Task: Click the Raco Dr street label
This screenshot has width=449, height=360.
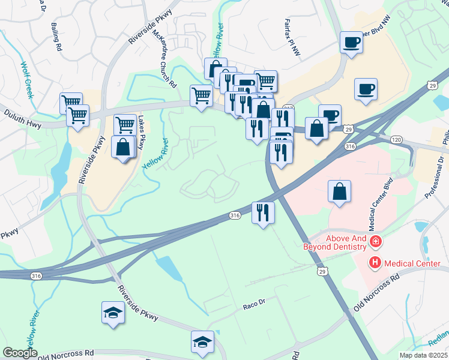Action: pos(255,305)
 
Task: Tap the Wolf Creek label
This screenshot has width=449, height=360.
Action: pos(28,80)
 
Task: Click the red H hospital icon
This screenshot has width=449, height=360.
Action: pos(375,262)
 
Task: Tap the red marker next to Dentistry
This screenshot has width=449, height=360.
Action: pos(376,242)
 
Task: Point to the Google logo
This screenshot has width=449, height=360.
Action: pos(20,353)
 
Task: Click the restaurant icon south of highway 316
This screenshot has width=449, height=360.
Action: pos(263,212)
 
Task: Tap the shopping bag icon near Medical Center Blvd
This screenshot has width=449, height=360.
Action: pos(339,191)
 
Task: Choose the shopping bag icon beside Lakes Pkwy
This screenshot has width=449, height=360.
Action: pos(123,146)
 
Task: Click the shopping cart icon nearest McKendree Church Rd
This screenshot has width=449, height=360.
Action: pos(201,95)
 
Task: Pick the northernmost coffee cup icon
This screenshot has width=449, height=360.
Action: pos(351,42)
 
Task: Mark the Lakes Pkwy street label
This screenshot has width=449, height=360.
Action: pos(142,133)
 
